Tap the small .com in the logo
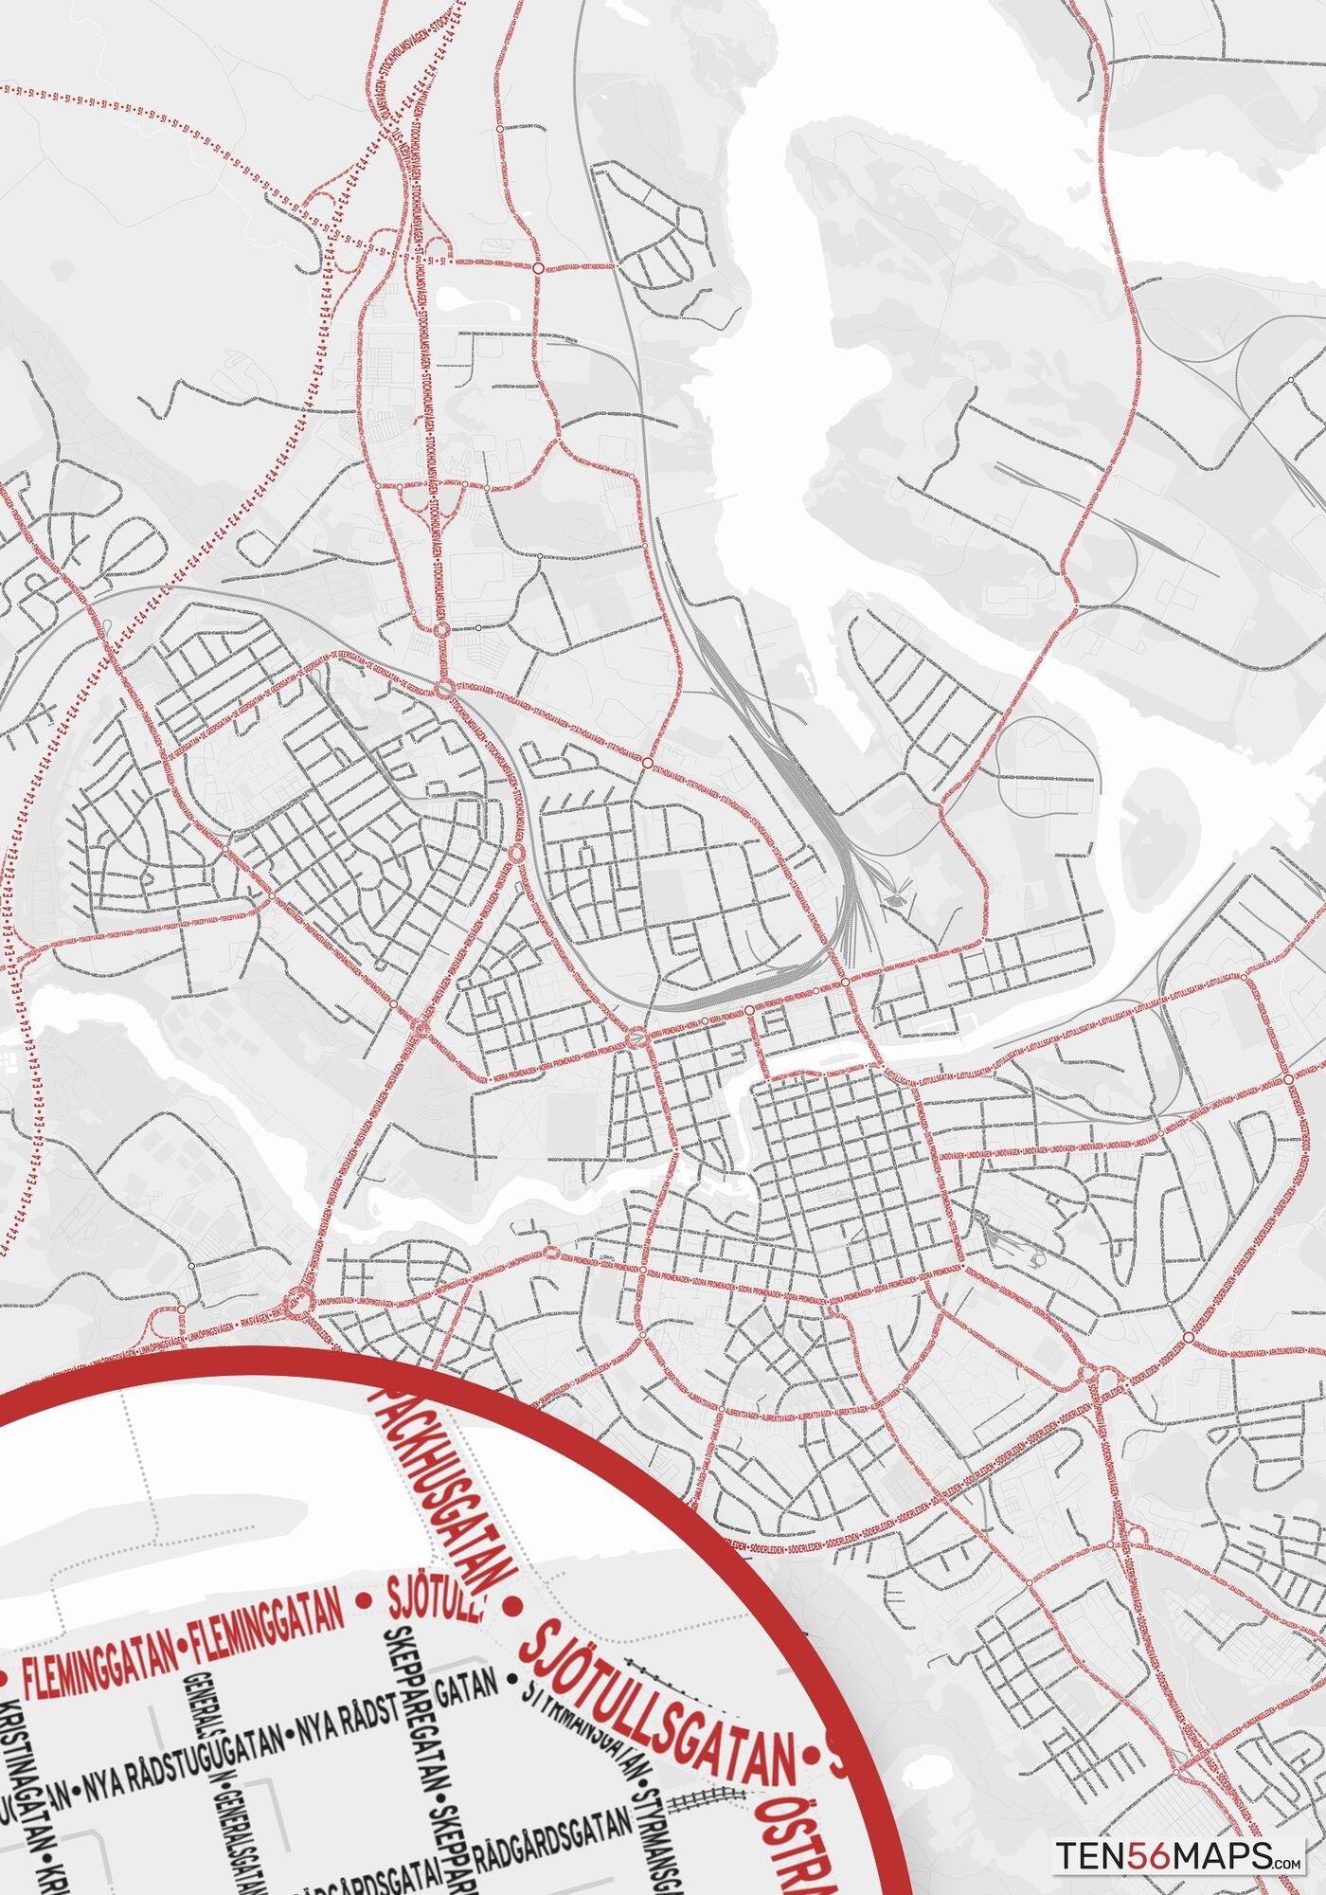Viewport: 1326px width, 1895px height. tap(1287, 1862)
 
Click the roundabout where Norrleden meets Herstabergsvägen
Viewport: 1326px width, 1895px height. tap(538, 269)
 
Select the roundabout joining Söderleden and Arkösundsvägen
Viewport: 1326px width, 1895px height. tap(1187, 1337)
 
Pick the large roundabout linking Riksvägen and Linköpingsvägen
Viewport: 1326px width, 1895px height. tap(300, 1303)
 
